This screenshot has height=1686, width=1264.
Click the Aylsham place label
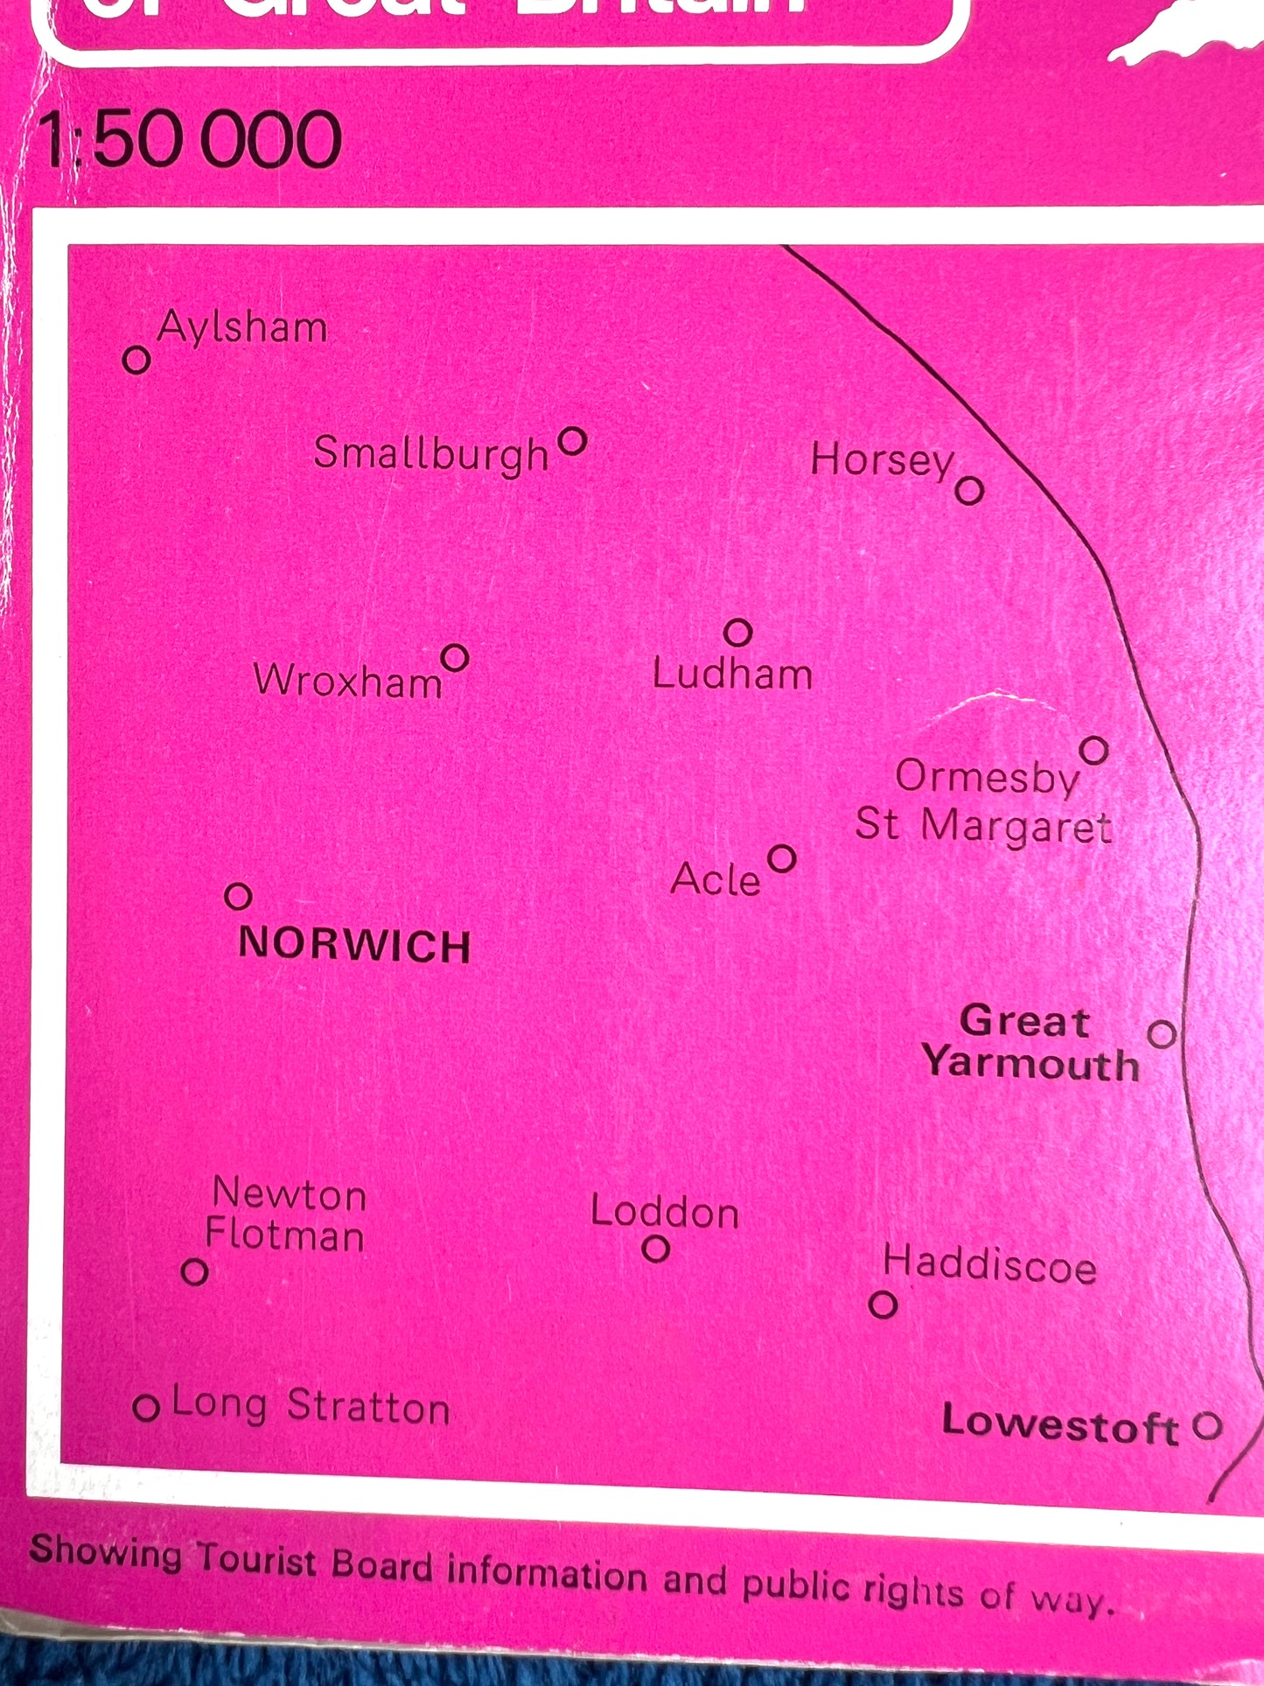pyautogui.click(x=242, y=329)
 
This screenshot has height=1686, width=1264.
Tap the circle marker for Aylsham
pyautogui.click(x=136, y=360)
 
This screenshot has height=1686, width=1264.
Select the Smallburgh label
pyautogui.click(x=430, y=454)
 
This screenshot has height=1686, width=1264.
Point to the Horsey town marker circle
pyautogui.click(x=969, y=491)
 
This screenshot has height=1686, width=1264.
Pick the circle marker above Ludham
pyautogui.click(x=738, y=632)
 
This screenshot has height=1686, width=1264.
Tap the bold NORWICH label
pyautogui.click(x=354, y=946)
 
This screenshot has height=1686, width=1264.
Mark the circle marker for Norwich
pyautogui.click(x=238, y=897)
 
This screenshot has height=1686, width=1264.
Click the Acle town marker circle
pyautogui.click(x=781, y=859)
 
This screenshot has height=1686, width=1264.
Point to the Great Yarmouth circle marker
pyautogui.click(x=1162, y=1034)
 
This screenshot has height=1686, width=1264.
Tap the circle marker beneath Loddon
pyautogui.click(x=656, y=1249)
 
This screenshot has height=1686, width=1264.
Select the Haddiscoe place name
pyautogui.click(x=989, y=1265)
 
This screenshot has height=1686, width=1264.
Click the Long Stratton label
pyautogui.click(x=311, y=1406)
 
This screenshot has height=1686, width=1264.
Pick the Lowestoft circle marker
pyautogui.click(x=1207, y=1426)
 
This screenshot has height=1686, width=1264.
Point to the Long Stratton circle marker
pyautogui.click(x=146, y=1409)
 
